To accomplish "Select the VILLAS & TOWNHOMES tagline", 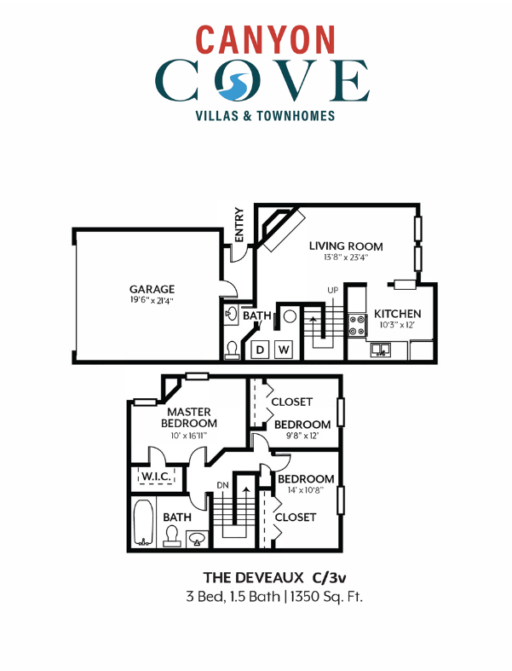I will [x=256, y=115].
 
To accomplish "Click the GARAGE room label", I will [x=152, y=289].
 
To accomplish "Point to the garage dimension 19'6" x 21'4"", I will [x=152, y=301].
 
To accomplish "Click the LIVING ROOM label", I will [x=346, y=246].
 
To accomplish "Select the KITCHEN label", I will [x=397, y=314].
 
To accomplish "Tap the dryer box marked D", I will [x=260, y=349].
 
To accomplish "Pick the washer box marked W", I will [x=285, y=349].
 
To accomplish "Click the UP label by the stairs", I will [x=332, y=291].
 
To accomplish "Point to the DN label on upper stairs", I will [x=224, y=485].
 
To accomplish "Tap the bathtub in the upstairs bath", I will [x=143, y=522].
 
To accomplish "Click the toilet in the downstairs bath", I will [x=232, y=350].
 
